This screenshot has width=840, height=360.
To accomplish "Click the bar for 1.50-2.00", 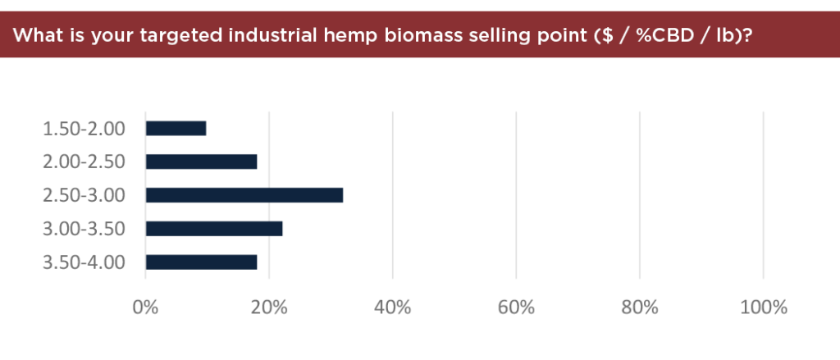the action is coord(176,129).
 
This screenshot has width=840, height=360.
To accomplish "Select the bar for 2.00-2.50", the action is coord(202,162).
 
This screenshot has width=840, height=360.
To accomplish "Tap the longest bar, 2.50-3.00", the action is coord(244,195).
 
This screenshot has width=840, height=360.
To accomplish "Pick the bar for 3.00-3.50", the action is coord(214,229).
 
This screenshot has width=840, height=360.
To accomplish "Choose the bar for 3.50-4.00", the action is coord(202,262).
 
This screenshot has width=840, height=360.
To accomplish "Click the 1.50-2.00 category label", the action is coord(84,129).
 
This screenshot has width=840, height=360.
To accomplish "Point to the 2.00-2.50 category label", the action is coord(84,162).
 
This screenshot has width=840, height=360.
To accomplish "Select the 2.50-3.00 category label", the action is coord(84,195).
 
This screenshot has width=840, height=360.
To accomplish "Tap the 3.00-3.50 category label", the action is coord(84,230).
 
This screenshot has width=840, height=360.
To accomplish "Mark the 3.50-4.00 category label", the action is coord(84,262).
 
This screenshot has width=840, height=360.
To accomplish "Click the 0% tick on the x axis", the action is coord(145,308).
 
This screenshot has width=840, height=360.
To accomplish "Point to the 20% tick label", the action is coord(269,308).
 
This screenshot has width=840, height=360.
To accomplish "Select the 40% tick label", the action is coord(393,308).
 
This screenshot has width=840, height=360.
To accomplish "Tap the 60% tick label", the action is coord(516,308).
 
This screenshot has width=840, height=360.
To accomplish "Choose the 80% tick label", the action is coord(640,308).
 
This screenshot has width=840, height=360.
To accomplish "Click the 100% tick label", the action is coord(764,308).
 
